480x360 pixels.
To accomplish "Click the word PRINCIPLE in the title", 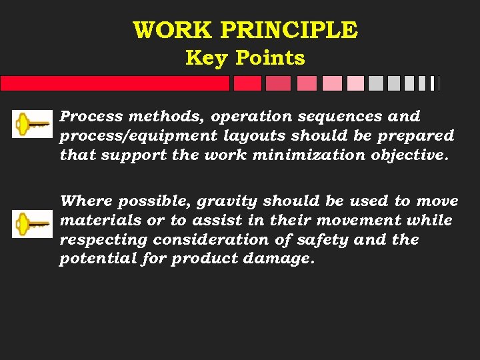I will click(289, 31).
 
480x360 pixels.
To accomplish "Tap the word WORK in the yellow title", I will click(173, 31).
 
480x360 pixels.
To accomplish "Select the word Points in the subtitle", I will click(269, 58).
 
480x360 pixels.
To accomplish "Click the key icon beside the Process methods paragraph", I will click(32, 123).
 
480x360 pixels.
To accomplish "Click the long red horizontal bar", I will click(115, 83).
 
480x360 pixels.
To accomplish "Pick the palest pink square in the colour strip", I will click(355, 83).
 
